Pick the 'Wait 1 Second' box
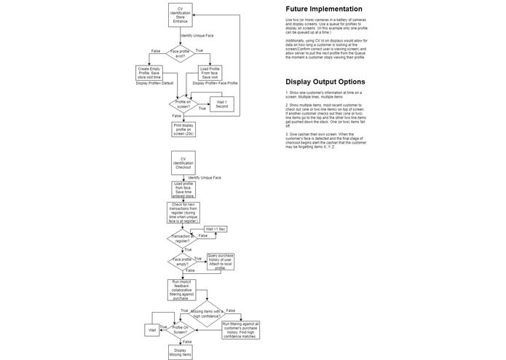(221, 105)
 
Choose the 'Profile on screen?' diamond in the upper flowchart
(181, 103)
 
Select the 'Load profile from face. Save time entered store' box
(181, 189)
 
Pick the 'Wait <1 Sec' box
(216, 230)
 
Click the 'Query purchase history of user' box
(221, 261)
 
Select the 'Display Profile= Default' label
(154, 83)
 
